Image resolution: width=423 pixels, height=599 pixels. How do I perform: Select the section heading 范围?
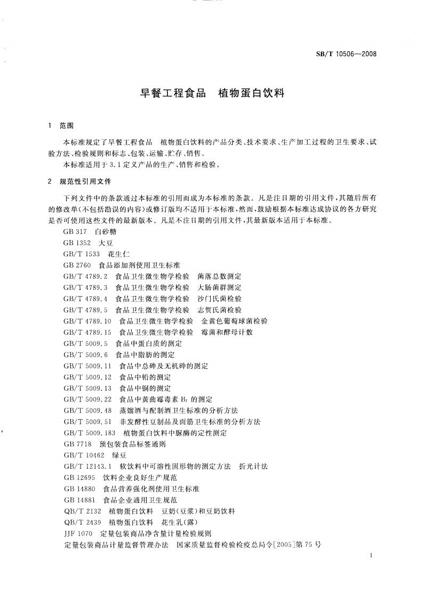pyautogui.click(x=67, y=126)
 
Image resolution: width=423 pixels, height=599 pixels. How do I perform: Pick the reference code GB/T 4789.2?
pyautogui.click(x=85, y=276)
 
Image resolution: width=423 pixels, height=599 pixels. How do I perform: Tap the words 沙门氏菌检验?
pyautogui.click(x=219, y=298)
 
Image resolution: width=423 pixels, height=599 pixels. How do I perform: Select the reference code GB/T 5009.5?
pyautogui.click(x=85, y=343)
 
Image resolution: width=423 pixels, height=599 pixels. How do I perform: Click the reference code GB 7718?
pyautogui.click(x=77, y=444)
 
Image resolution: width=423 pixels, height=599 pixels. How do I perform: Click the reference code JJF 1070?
pyautogui.click(x=78, y=533)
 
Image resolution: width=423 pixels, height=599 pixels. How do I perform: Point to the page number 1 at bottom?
pyautogui.click(x=370, y=556)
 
